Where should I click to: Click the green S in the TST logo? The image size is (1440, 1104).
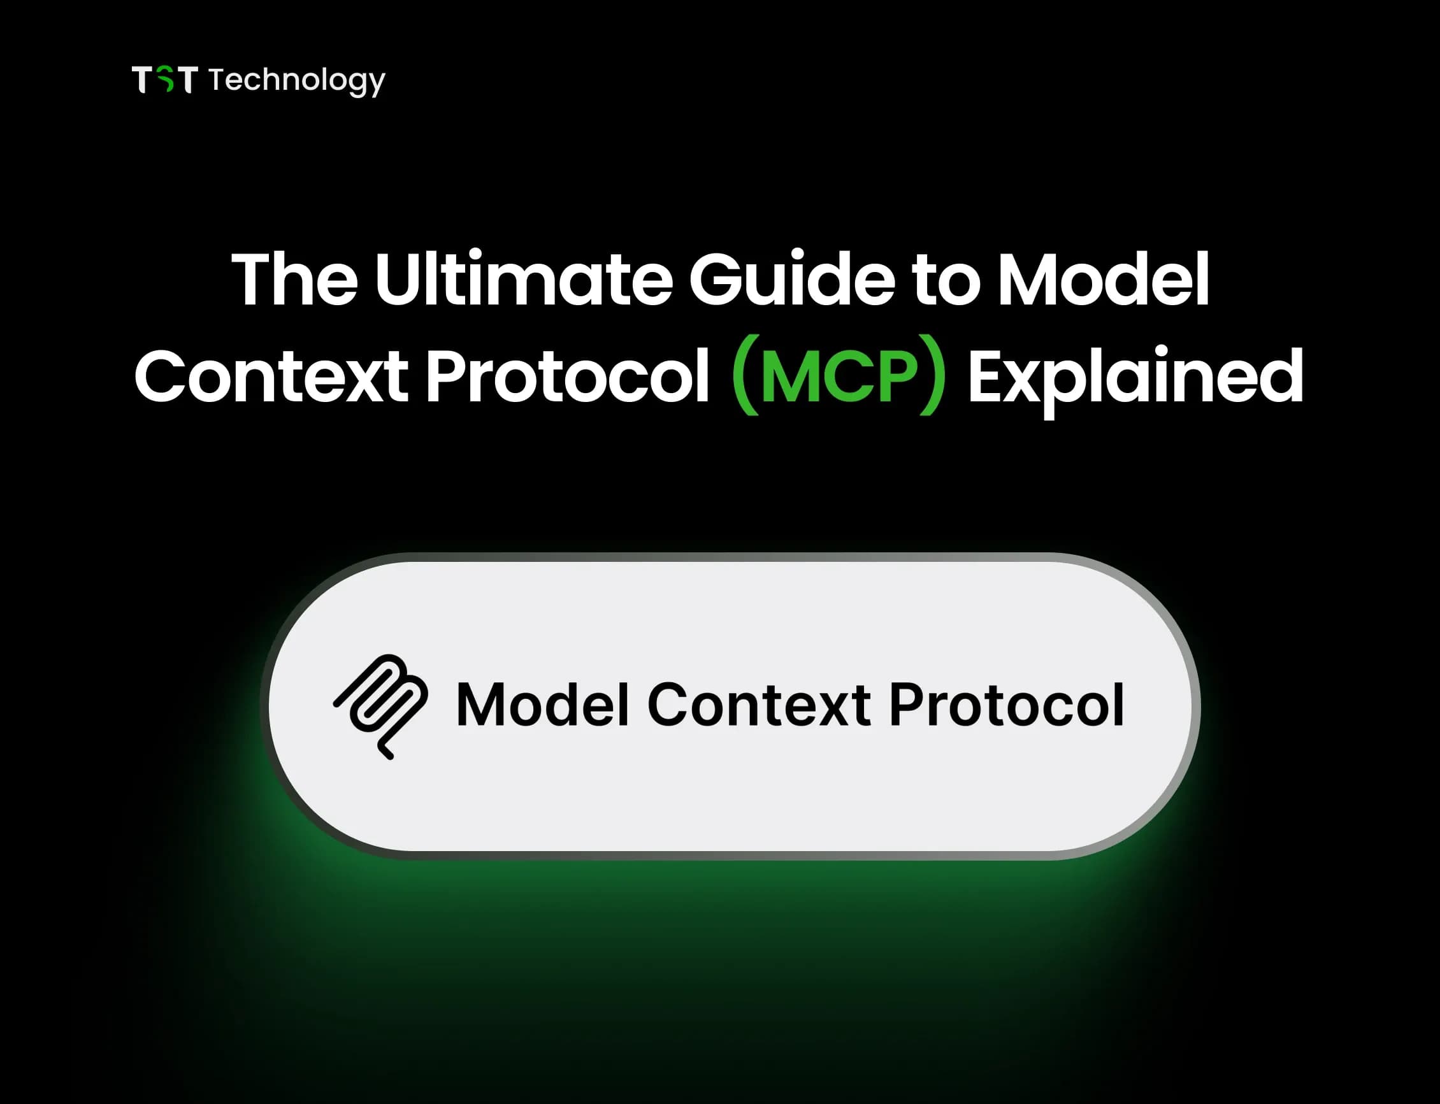[165, 80]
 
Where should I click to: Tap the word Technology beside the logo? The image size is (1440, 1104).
[296, 80]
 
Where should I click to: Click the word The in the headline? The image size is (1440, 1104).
[294, 278]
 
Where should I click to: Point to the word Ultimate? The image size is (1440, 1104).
[523, 278]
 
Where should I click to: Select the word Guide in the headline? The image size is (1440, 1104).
[791, 278]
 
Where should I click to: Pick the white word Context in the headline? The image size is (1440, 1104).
[271, 376]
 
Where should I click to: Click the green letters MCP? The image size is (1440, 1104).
[839, 377]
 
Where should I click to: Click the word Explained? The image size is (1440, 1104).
[1135, 377]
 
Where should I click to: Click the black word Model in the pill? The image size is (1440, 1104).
[542, 705]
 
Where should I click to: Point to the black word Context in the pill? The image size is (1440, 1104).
[759, 705]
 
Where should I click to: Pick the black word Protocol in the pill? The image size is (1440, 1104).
[1006, 705]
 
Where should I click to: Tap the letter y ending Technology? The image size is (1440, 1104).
[377, 83]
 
